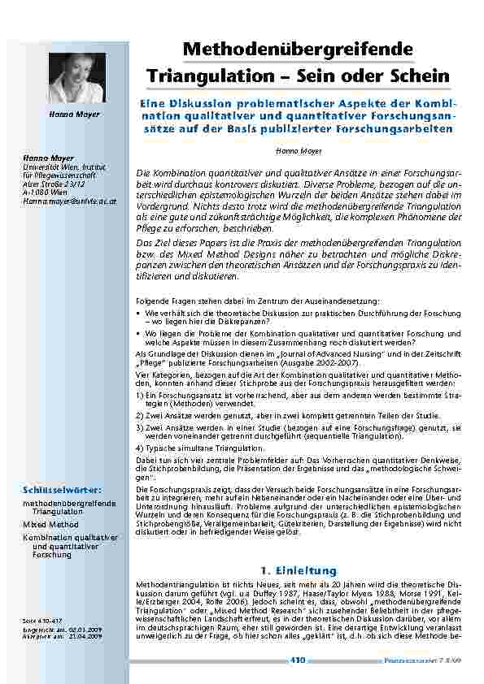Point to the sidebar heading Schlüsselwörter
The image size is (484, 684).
[x=63, y=491]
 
